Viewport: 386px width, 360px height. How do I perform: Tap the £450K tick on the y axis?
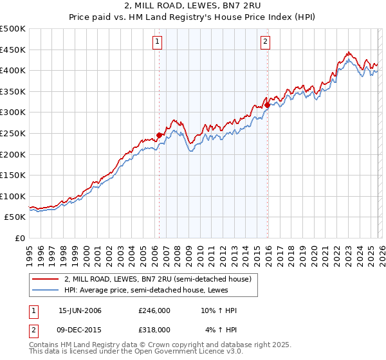(x=13, y=50)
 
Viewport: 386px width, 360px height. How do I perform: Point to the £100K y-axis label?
(x=13, y=196)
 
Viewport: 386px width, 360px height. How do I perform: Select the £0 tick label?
(x=19, y=239)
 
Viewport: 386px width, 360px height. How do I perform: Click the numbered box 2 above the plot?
(x=265, y=42)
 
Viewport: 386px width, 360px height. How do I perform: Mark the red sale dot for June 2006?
(x=159, y=134)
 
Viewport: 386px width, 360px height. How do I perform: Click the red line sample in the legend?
(x=45, y=279)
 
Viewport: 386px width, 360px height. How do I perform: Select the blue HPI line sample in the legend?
(x=45, y=291)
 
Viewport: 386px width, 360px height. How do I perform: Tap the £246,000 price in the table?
(x=154, y=311)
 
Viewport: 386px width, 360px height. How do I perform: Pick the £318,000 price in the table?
(x=154, y=329)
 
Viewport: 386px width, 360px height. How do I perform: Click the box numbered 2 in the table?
(x=33, y=329)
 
